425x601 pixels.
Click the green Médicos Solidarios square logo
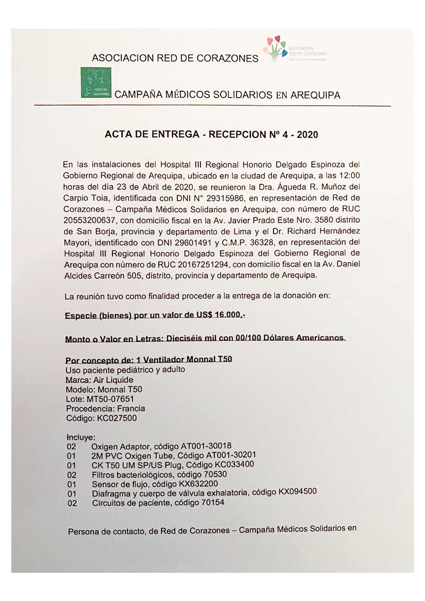click(x=96, y=82)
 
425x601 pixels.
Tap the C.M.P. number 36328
click(x=262, y=242)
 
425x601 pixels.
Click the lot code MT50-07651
click(x=110, y=399)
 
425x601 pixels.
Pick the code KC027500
click(x=117, y=418)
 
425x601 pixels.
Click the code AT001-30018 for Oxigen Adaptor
click(x=206, y=446)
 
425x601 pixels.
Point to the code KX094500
click(x=297, y=491)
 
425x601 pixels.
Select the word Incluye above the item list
click(x=81, y=437)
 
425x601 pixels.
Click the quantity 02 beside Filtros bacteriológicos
click(x=72, y=475)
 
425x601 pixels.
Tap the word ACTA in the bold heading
click(x=118, y=134)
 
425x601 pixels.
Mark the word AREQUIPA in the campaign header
click(x=315, y=95)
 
